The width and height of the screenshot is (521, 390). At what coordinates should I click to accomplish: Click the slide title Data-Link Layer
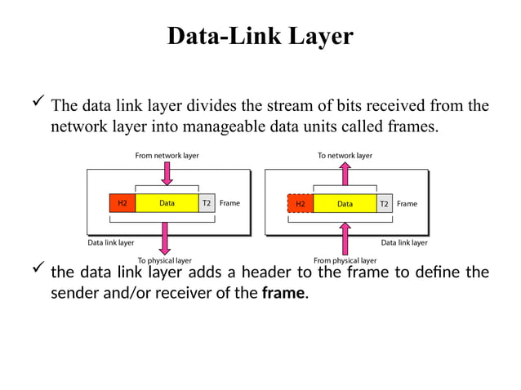[260, 36]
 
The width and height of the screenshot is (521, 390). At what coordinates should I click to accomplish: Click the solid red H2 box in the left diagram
[122, 203]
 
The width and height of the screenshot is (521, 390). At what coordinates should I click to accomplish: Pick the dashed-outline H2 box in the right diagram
[300, 203]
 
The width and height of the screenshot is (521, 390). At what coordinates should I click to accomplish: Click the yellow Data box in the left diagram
[167, 203]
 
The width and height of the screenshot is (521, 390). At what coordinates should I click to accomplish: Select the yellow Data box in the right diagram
[345, 203]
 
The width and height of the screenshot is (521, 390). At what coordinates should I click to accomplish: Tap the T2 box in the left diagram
[207, 203]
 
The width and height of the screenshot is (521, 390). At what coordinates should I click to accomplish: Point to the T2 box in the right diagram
[384, 203]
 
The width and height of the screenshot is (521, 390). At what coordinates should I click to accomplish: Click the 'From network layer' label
[167, 155]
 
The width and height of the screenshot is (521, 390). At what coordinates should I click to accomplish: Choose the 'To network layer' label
[345, 155]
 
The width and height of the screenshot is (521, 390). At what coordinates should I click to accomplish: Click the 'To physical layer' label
[164, 260]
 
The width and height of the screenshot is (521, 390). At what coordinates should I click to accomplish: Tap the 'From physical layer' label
[345, 260]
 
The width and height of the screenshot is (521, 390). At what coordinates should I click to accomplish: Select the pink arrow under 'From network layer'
[167, 172]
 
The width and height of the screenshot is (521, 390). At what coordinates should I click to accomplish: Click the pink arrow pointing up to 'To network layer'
[345, 173]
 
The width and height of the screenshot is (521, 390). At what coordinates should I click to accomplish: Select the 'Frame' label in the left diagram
[229, 203]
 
